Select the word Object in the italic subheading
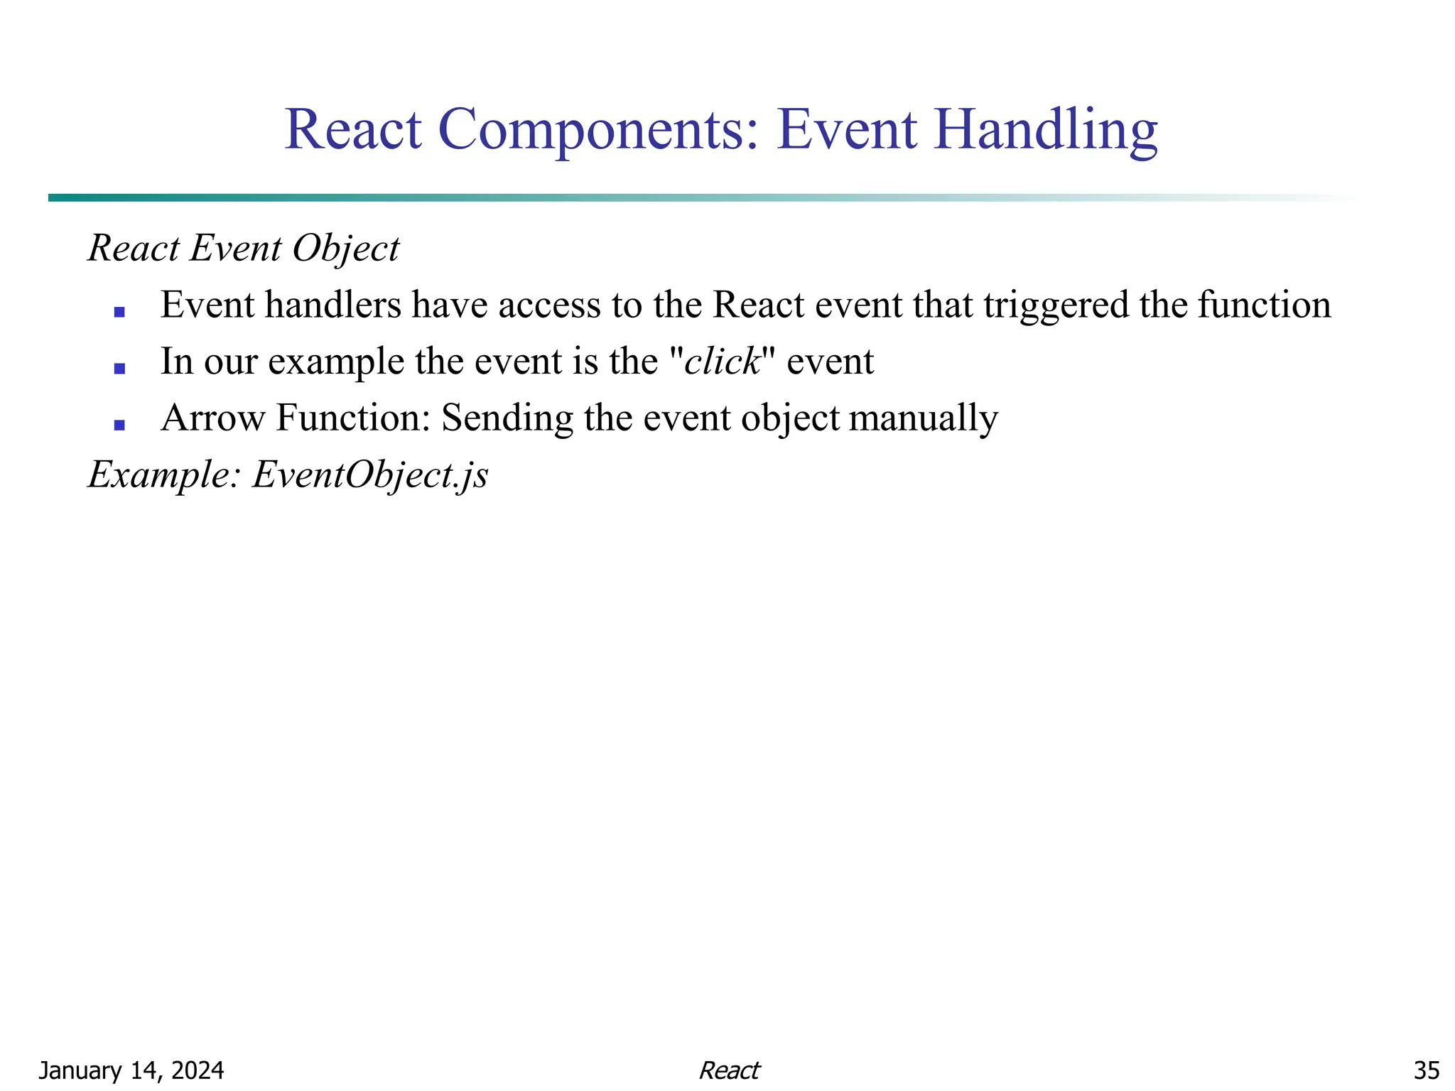click(346, 249)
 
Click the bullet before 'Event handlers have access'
click(119, 312)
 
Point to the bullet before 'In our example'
click(119, 369)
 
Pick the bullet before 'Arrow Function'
click(119, 425)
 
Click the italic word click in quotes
click(722, 362)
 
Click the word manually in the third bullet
click(923, 418)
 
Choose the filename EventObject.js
click(370, 475)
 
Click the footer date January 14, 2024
click(131, 1070)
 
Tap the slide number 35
click(1426, 1070)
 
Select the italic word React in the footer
click(729, 1070)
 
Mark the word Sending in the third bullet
click(507, 418)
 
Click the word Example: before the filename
click(165, 475)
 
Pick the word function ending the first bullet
click(1264, 305)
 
